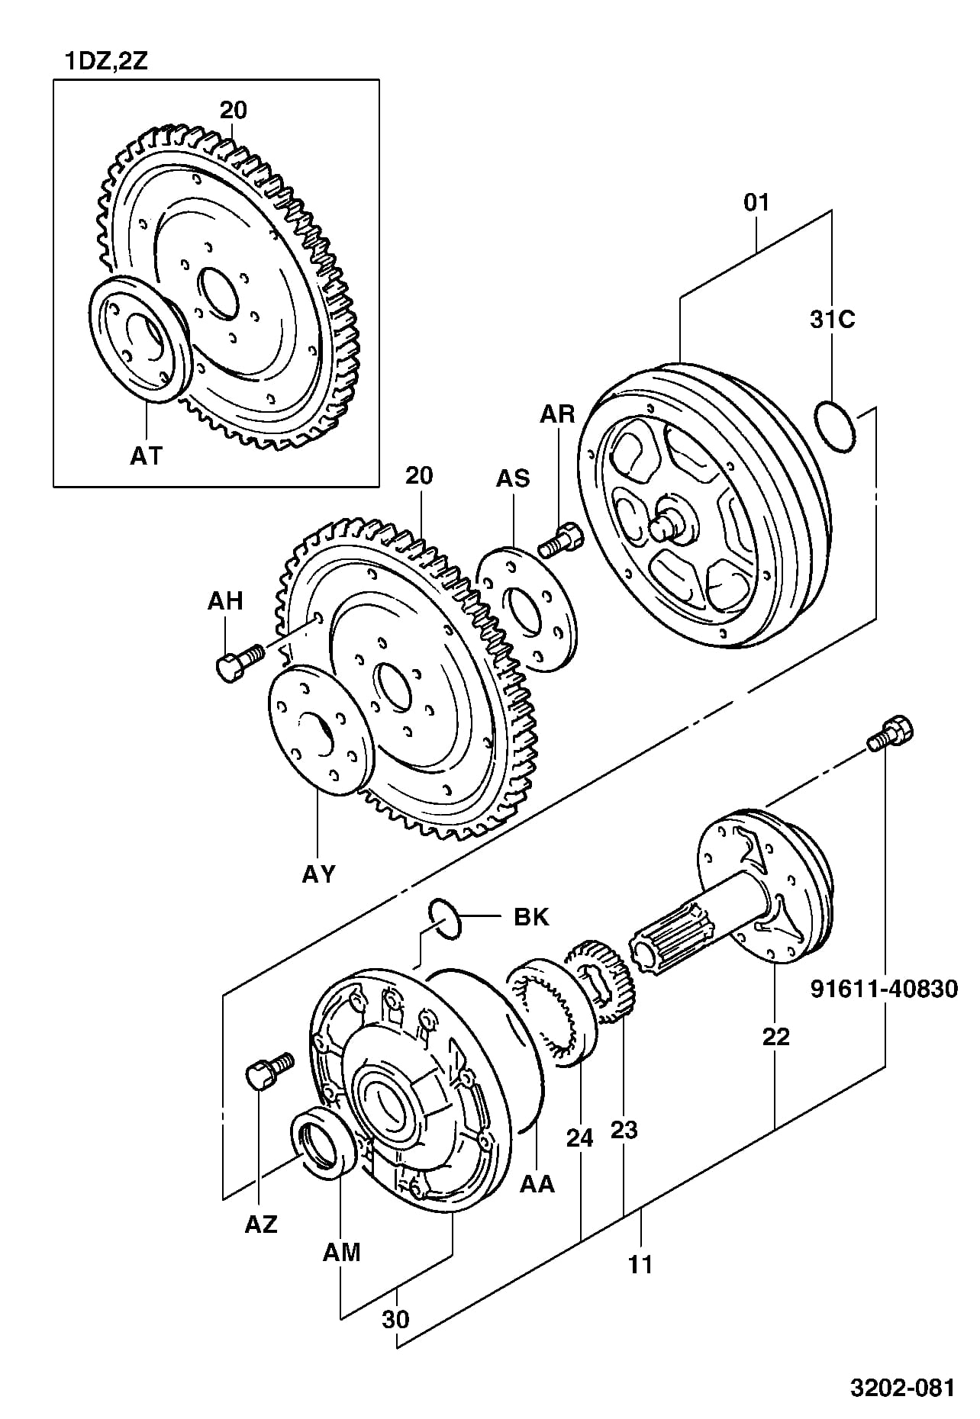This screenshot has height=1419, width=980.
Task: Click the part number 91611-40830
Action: pos(883,989)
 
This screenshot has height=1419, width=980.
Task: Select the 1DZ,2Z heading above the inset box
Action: pos(106,61)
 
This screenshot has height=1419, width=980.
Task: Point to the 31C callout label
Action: pos(833,320)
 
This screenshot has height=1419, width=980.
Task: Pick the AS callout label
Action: pos(513,479)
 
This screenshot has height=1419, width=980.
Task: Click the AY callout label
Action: pos(318,874)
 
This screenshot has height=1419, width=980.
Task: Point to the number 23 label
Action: pos(624,1130)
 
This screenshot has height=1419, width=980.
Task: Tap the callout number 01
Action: pos(756,203)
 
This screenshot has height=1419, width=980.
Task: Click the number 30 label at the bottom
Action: pos(396,1319)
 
